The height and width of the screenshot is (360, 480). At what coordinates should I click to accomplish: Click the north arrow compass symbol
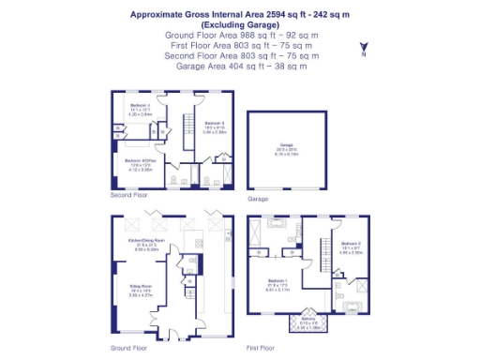363,50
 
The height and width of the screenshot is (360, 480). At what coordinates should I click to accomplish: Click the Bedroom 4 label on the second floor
140,106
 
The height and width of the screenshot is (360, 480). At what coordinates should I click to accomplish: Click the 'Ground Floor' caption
127,347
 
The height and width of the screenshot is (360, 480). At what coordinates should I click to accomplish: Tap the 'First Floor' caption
261,347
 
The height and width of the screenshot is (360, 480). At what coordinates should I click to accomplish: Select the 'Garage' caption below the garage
258,200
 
